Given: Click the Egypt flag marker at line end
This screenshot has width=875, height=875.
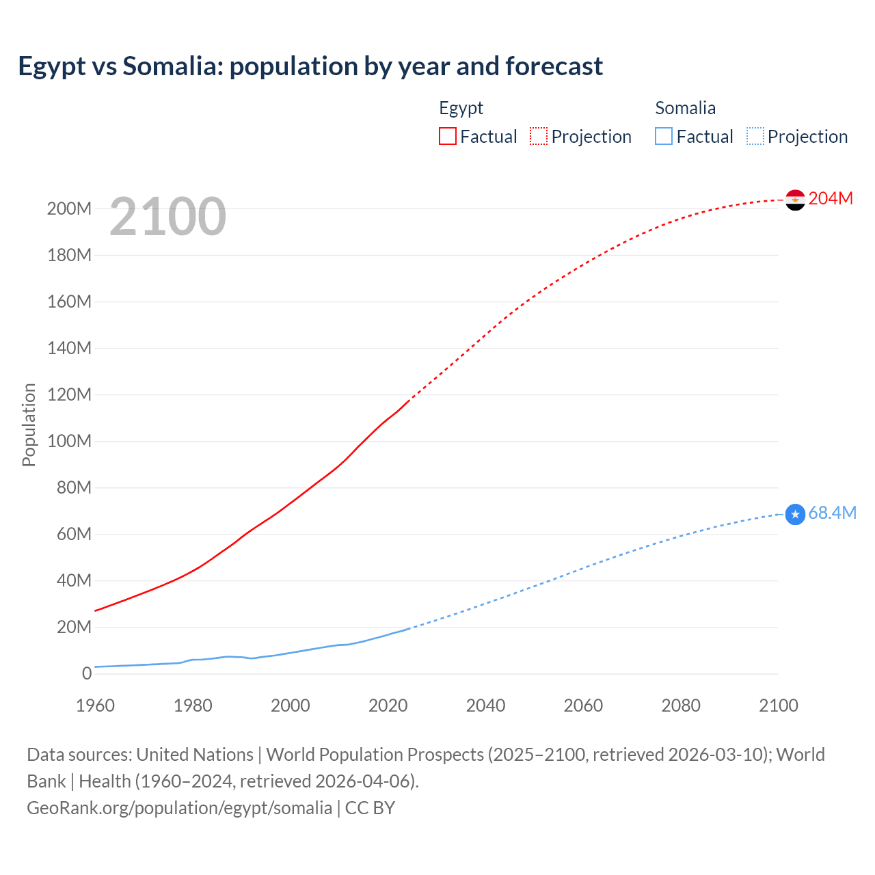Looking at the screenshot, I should pyautogui.click(x=795, y=200).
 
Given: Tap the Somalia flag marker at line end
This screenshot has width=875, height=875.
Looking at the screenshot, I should pyautogui.click(x=795, y=514).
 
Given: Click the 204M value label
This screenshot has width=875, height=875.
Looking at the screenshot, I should pyautogui.click(x=831, y=198).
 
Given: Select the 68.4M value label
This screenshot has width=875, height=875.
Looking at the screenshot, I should pyautogui.click(x=832, y=513).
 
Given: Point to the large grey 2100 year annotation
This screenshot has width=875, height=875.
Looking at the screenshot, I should pyautogui.click(x=167, y=217).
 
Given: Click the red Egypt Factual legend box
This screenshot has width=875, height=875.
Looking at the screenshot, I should pyautogui.click(x=448, y=137).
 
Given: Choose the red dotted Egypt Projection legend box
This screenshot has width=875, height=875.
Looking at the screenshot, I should pyautogui.click(x=539, y=137).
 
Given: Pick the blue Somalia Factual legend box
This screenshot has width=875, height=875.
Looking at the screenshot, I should pyautogui.click(x=664, y=137).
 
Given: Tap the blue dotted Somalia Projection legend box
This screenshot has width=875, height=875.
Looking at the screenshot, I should pyautogui.click(x=755, y=137).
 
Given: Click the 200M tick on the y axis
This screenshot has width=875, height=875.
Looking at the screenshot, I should pyautogui.click(x=69, y=208).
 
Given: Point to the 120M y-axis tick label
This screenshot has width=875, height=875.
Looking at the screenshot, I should pyautogui.click(x=69, y=394).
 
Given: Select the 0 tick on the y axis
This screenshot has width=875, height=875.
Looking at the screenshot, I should pyautogui.click(x=86, y=673).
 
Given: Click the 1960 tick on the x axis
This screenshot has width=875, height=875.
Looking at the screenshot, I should pyautogui.click(x=95, y=705).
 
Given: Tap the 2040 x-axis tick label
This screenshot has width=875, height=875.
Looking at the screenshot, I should pyautogui.click(x=485, y=705).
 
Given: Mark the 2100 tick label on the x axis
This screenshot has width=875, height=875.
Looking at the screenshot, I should pyautogui.click(x=778, y=705).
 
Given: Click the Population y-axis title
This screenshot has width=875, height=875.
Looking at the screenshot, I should pyautogui.click(x=29, y=425).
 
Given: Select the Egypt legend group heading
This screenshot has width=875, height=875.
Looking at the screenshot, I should pyautogui.click(x=461, y=108).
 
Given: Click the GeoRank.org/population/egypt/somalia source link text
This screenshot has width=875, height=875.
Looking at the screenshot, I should pyautogui.click(x=179, y=807).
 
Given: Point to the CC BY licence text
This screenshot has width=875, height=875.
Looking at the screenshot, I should pyautogui.click(x=370, y=807).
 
